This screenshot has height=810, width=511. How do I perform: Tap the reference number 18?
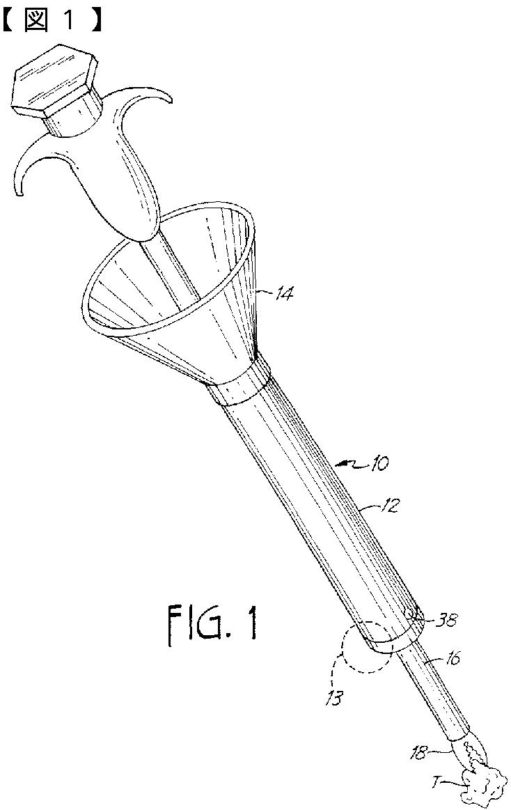tap(420, 751)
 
